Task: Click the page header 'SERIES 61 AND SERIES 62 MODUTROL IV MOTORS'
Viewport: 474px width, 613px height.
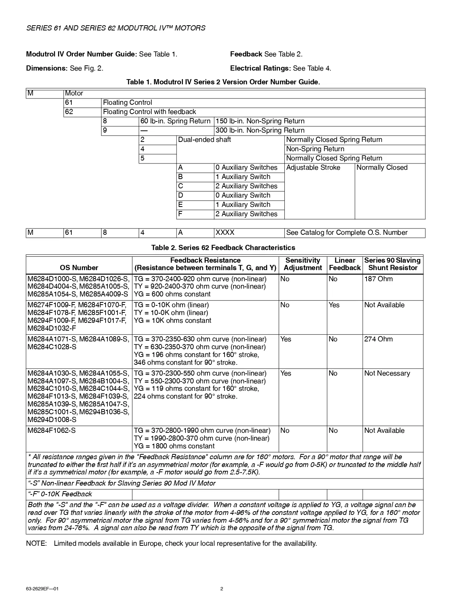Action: click(x=116, y=28)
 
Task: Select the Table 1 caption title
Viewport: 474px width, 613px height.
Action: click(x=223, y=82)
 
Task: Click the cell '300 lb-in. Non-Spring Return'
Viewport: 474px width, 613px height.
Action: click(x=260, y=130)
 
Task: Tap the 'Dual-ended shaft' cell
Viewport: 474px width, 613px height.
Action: click(x=204, y=140)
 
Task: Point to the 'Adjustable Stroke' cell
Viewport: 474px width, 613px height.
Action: click(x=313, y=168)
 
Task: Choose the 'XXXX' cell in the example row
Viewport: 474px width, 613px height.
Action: click(x=225, y=233)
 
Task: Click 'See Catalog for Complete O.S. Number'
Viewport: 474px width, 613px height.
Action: click(x=346, y=233)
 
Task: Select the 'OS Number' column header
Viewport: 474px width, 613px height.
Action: click(x=79, y=268)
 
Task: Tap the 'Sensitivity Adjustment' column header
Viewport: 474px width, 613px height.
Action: click(x=303, y=264)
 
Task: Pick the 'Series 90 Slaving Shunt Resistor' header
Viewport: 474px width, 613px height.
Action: click(x=392, y=264)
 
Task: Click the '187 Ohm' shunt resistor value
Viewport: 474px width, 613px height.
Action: click(x=378, y=279)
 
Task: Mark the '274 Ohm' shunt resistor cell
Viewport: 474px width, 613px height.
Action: click(x=378, y=339)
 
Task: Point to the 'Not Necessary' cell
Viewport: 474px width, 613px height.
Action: click(x=387, y=373)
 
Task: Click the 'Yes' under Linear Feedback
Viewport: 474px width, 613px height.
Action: click(x=334, y=305)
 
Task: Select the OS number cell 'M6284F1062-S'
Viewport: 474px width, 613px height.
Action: click(x=52, y=431)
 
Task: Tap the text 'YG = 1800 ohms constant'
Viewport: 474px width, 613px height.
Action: click(x=174, y=446)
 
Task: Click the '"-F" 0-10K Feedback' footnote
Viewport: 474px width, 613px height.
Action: click(x=60, y=494)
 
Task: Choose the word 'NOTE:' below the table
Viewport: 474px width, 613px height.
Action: click(x=36, y=544)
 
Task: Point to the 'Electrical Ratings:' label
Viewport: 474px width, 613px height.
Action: click(x=260, y=68)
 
